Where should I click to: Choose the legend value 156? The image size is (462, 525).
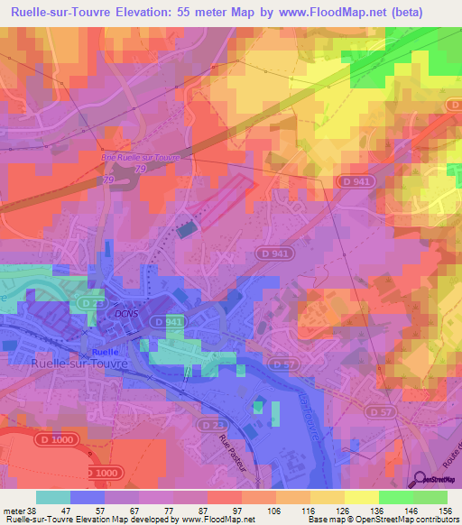pyautogui.click(x=445, y=509)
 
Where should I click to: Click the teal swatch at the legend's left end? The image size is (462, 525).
pyautogui.click(x=52, y=497)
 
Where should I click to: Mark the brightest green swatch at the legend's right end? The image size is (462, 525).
pyautogui.click(x=430, y=497)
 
